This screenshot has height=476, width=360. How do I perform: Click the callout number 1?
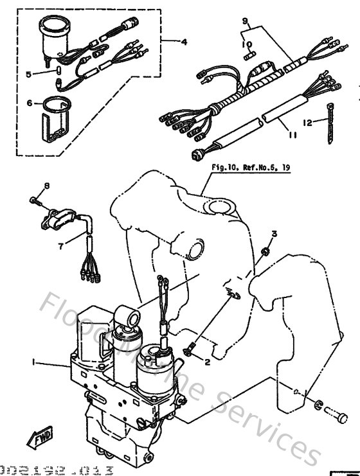tap(33, 364)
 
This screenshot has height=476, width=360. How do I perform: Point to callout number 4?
tap(184, 43)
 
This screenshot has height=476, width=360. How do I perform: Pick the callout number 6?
tap(30, 103)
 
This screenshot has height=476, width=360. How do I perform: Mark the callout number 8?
tap(46, 186)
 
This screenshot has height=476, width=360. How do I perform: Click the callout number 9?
tap(244, 22)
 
